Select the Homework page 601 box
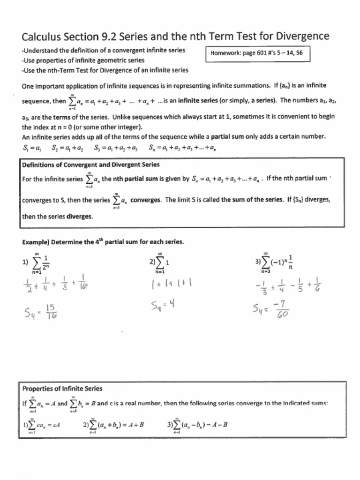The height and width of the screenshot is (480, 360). click(x=257, y=53)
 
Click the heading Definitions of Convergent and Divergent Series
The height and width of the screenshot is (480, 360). click(x=90, y=165)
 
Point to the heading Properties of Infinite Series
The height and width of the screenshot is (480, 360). click(x=62, y=389)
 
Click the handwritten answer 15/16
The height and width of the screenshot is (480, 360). click(x=52, y=311)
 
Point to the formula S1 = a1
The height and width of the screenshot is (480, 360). click(x=31, y=149)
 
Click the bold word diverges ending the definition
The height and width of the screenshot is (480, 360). click(x=80, y=217)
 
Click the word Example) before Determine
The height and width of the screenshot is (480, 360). click(x=36, y=242)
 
